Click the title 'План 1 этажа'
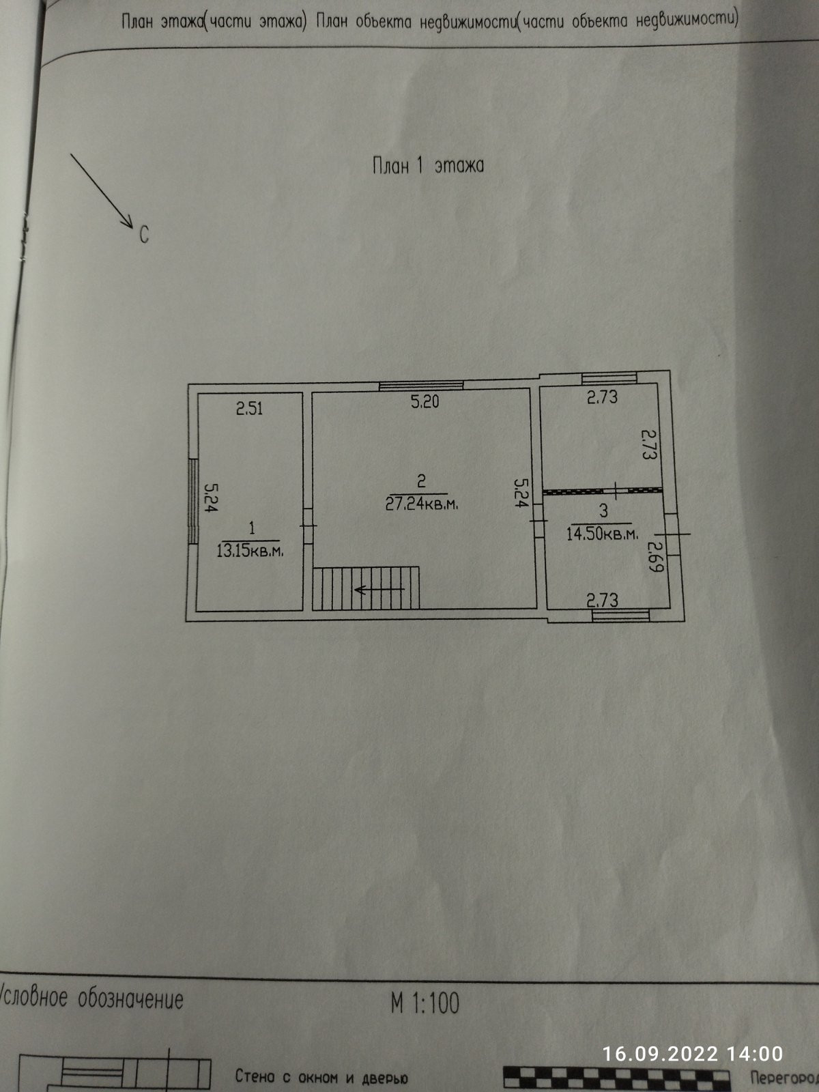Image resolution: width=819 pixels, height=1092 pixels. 428,165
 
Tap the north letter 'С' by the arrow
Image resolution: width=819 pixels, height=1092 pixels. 144,235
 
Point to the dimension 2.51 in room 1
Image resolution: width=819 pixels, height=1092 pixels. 249,409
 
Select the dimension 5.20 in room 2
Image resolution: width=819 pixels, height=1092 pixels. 425,401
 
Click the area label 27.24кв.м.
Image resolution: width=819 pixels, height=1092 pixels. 421,504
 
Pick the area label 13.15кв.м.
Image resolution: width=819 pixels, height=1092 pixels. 250,551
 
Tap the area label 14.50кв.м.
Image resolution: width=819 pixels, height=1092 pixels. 603,533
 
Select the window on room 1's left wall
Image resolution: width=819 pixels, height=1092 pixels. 192,501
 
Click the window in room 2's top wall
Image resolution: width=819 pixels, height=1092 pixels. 421,386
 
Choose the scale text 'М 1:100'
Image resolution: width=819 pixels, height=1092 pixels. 425,1003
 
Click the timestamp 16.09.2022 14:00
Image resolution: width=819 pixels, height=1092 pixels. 692,1054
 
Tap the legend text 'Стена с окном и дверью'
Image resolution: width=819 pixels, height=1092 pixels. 321,1078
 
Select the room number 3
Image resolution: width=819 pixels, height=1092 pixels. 603,511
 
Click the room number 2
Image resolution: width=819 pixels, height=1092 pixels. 421,481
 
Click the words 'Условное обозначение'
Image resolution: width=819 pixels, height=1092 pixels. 92,999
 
